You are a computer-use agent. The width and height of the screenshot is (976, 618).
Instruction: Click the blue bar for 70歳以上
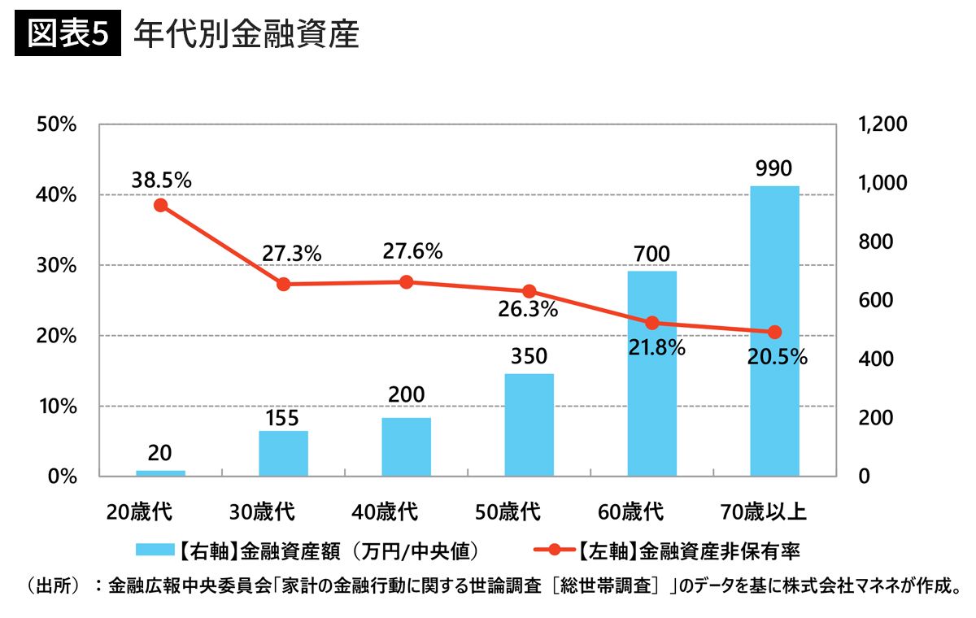click(x=774, y=330)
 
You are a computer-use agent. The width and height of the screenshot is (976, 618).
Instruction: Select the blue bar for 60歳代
click(x=651, y=373)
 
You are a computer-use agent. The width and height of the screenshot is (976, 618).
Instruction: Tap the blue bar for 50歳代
click(x=529, y=424)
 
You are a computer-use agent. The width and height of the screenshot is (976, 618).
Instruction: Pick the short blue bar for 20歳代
click(x=160, y=472)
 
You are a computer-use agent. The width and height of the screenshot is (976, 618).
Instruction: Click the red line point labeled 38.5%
click(x=160, y=205)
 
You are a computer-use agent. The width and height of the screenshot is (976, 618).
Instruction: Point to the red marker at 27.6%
click(x=407, y=282)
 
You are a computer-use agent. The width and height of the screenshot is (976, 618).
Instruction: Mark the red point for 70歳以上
click(x=774, y=332)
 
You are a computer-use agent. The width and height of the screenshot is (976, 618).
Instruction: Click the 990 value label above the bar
click(x=773, y=168)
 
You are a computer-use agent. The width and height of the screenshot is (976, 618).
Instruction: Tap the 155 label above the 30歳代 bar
click(x=282, y=418)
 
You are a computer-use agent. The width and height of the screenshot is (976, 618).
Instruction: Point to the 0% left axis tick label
click(x=61, y=477)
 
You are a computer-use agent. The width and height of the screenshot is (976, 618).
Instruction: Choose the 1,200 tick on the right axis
click(x=882, y=124)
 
